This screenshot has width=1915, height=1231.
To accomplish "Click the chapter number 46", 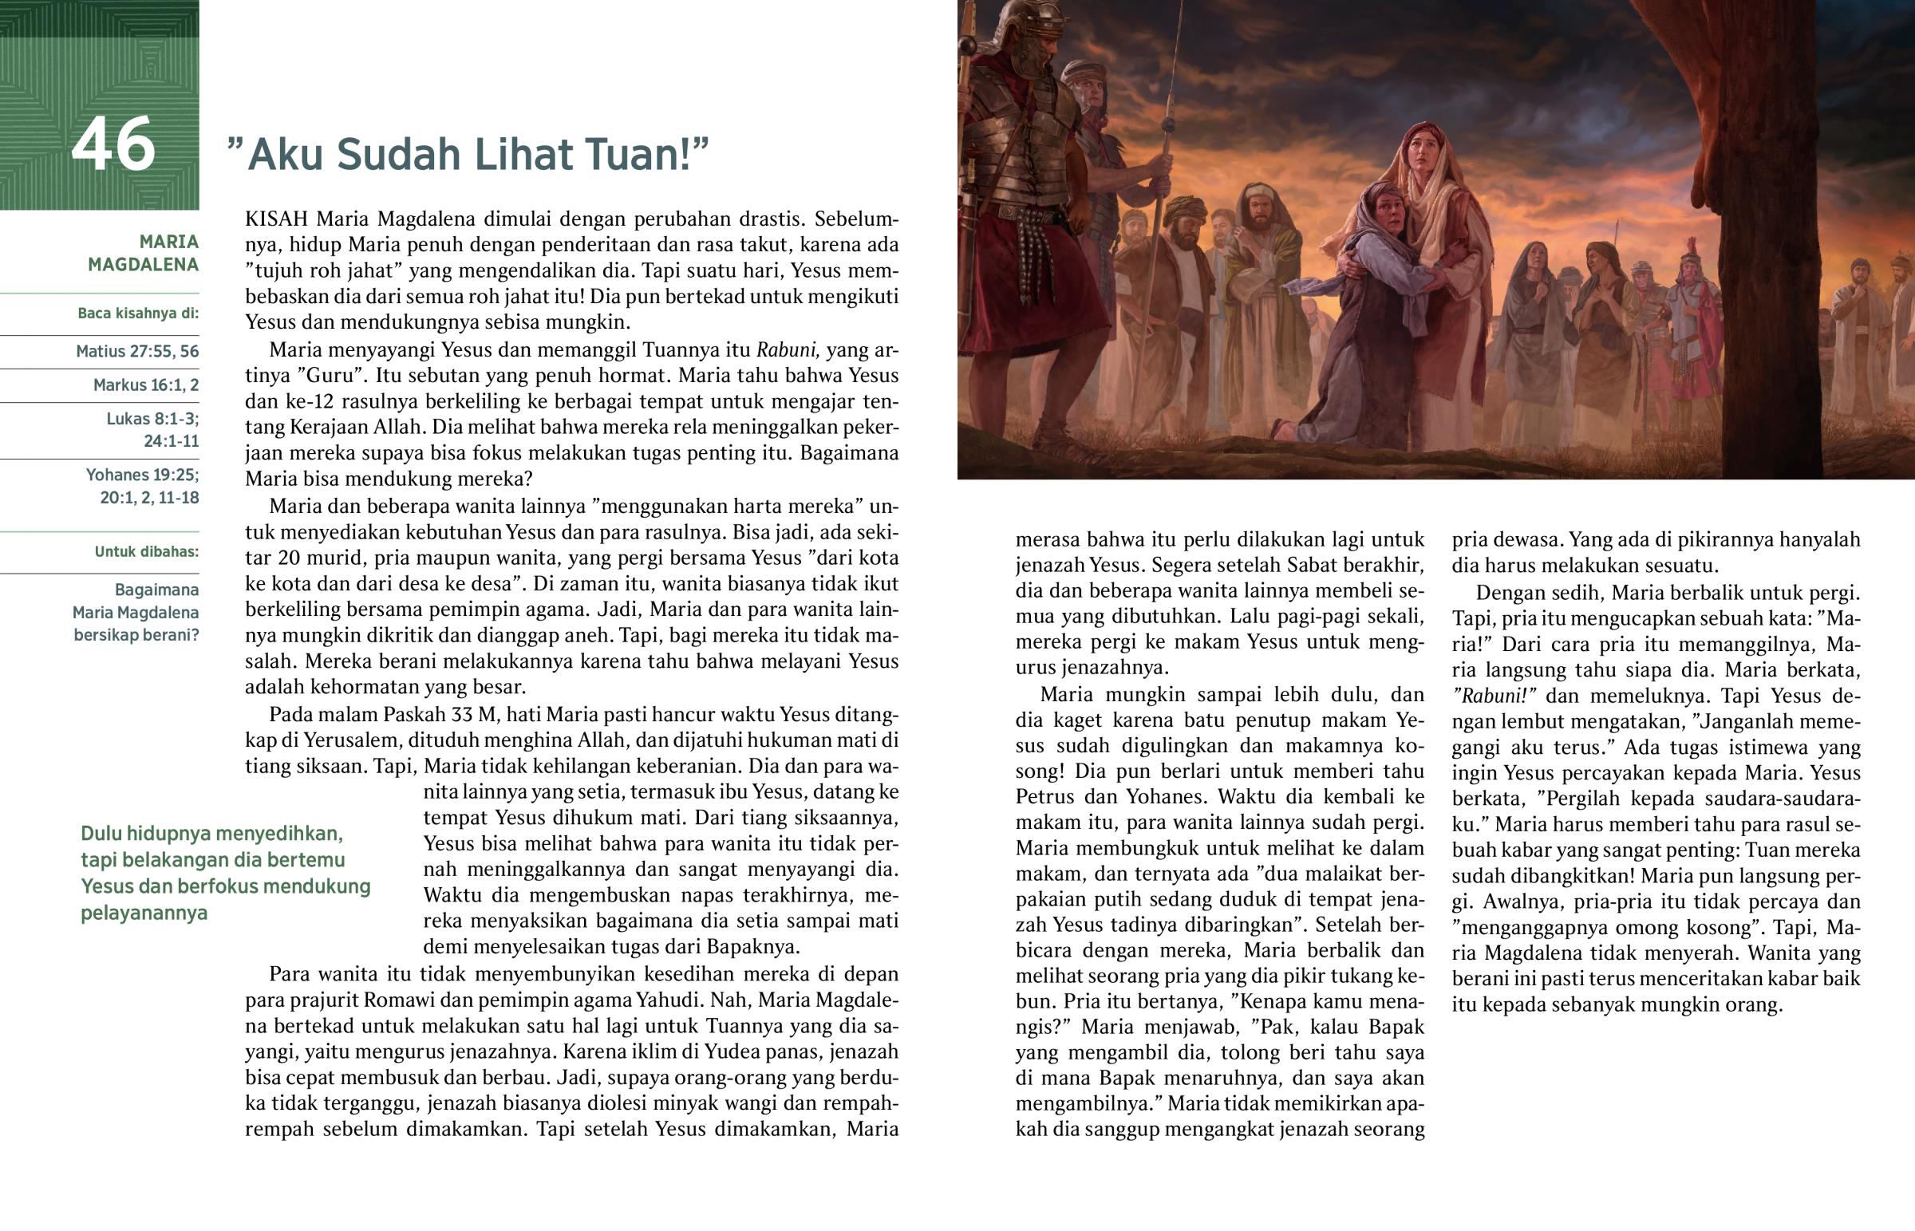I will tap(113, 144).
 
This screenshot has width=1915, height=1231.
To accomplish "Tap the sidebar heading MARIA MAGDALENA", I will tap(144, 253).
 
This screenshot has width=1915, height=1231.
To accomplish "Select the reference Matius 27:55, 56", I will tap(137, 351).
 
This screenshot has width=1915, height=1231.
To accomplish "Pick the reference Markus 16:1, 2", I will tap(145, 385).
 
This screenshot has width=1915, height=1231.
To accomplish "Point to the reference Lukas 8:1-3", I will tap(152, 419).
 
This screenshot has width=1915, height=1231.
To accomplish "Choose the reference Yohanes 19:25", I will tap(142, 475).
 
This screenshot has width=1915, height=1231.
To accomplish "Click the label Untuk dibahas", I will tap(146, 551).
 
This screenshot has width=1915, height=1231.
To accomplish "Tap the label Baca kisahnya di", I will tap(137, 314).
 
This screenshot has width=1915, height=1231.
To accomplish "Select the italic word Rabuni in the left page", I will tap(787, 349).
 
